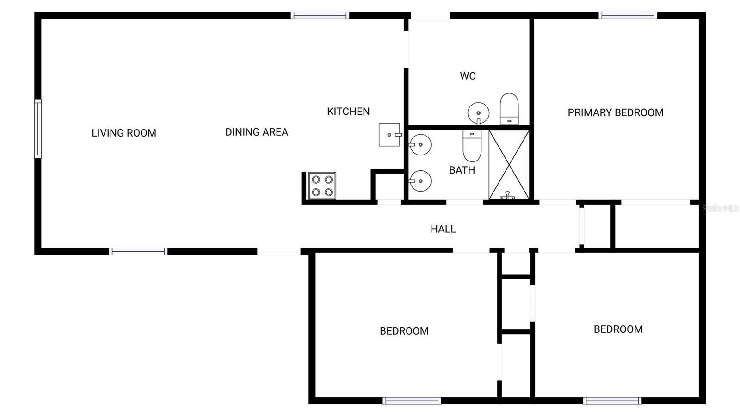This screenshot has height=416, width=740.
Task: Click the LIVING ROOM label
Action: [124, 133]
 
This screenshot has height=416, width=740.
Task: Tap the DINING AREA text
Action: [257, 132]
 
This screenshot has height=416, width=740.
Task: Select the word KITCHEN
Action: [348, 112]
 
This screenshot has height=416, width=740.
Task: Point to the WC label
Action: [468, 76]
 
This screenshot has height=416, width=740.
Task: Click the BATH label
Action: [462, 170]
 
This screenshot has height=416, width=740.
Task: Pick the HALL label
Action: [443, 229]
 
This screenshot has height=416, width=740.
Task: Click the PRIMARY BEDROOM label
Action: [616, 112]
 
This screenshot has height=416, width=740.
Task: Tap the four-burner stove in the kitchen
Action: [322, 186]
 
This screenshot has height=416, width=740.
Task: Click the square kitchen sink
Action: [389, 135]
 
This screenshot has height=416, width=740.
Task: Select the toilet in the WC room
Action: [509, 109]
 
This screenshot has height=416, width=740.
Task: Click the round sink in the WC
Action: [478, 113]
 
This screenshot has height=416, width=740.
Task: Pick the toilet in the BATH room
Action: [472, 145]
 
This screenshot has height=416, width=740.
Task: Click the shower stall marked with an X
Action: [509, 164]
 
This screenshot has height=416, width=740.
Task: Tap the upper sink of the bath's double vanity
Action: [420, 145]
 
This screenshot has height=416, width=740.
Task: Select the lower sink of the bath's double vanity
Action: [420, 180]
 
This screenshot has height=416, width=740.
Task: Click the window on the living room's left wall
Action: [37, 129]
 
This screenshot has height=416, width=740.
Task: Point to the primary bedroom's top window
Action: [628, 15]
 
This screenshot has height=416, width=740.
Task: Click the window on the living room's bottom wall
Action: [138, 251]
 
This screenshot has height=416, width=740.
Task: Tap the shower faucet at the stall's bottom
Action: [507, 196]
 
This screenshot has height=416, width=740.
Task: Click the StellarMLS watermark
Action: [720, 209]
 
